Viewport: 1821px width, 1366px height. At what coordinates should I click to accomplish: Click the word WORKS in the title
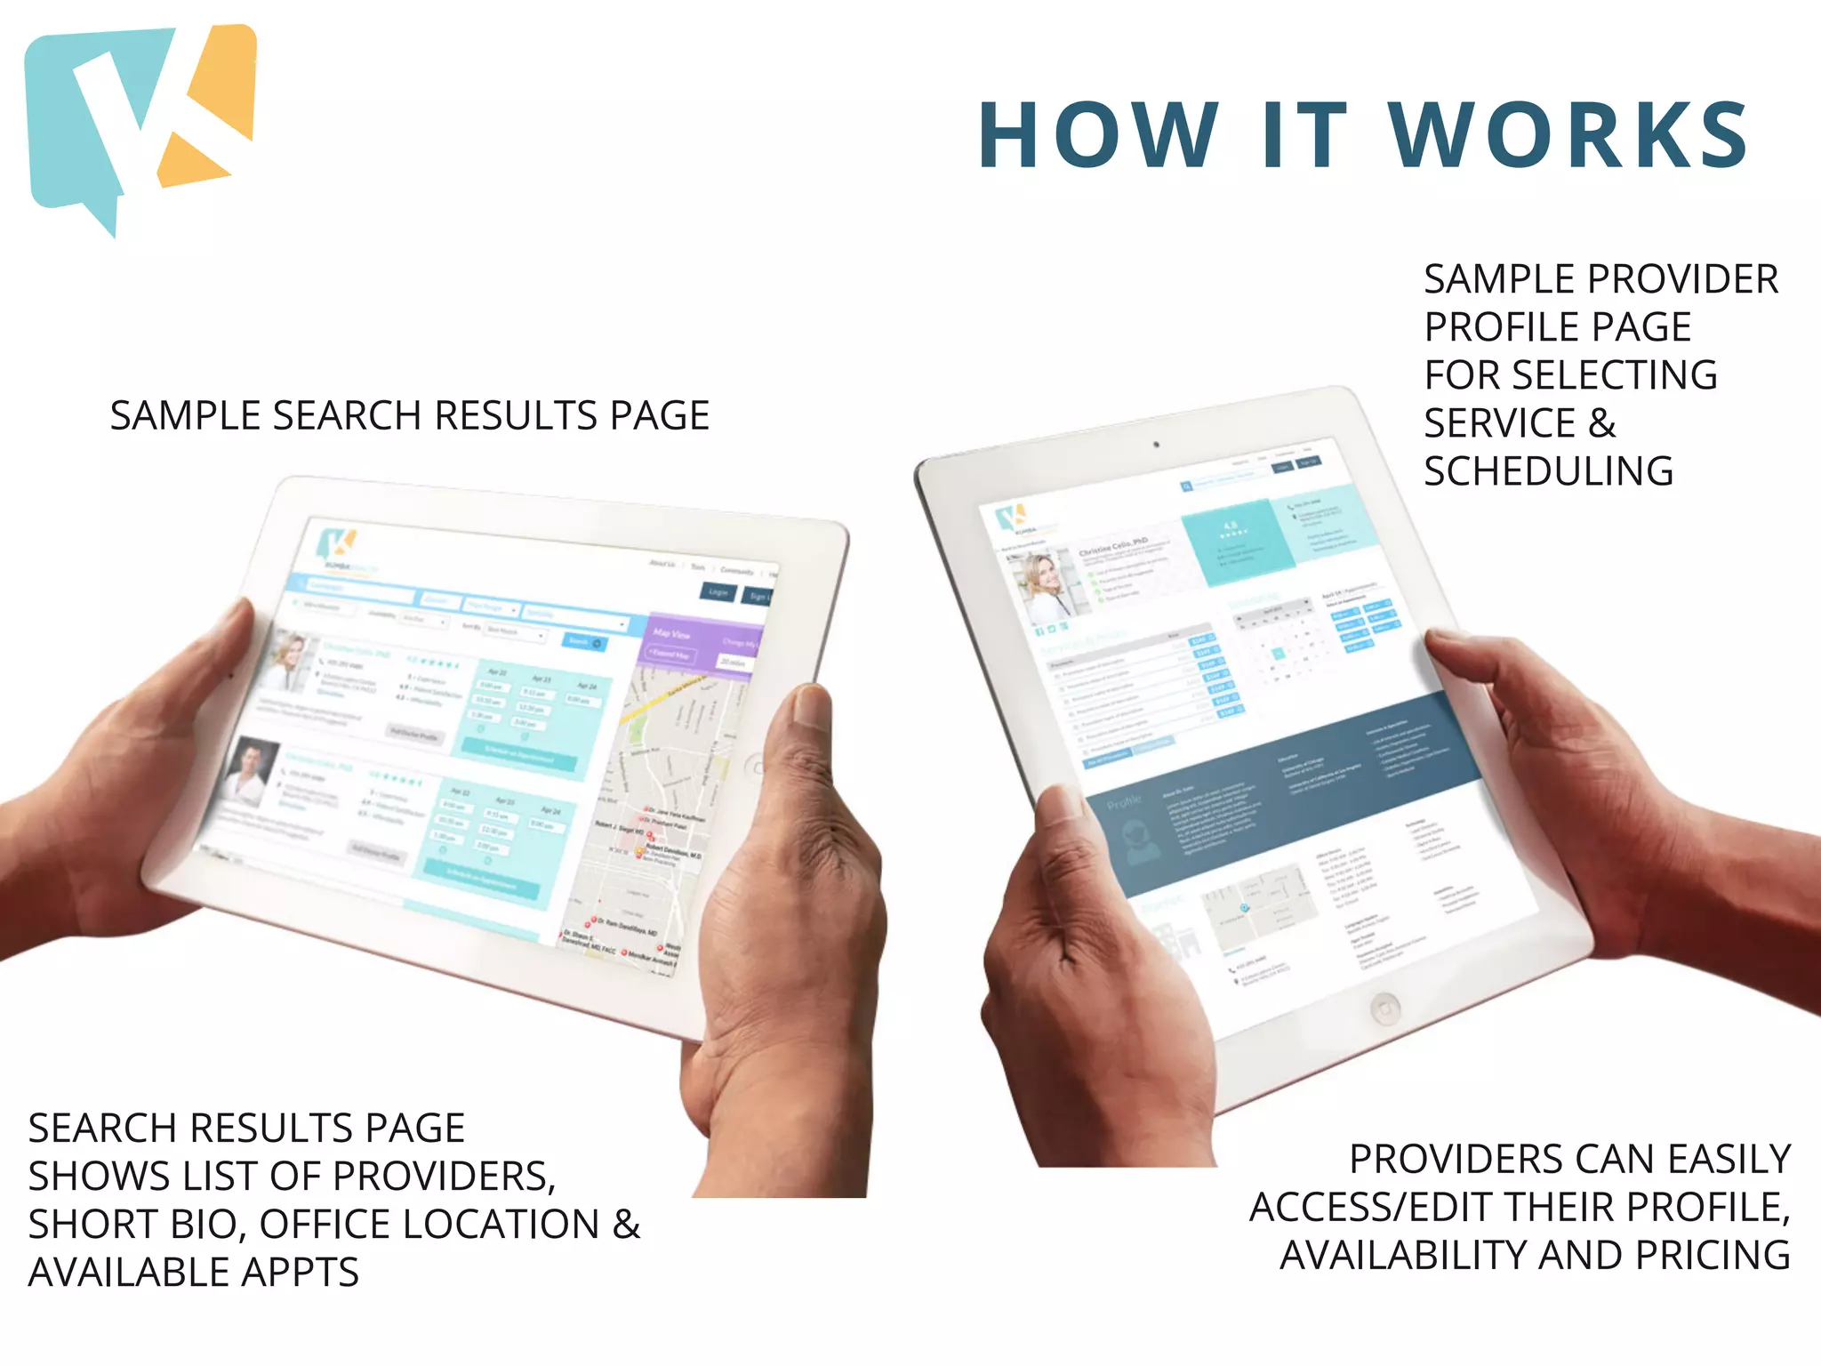tap(1568, 135)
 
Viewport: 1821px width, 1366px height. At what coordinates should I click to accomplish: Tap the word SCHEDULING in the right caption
tap(1548, 471)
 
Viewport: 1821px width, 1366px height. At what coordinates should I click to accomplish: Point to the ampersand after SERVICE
tap(1602, 423)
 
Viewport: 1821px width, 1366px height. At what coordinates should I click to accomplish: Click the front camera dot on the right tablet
tap(1156, 444)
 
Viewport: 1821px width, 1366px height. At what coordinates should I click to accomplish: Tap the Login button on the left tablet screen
tap(718, 592)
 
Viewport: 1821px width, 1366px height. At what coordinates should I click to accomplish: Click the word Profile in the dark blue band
tap(1124, 802)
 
